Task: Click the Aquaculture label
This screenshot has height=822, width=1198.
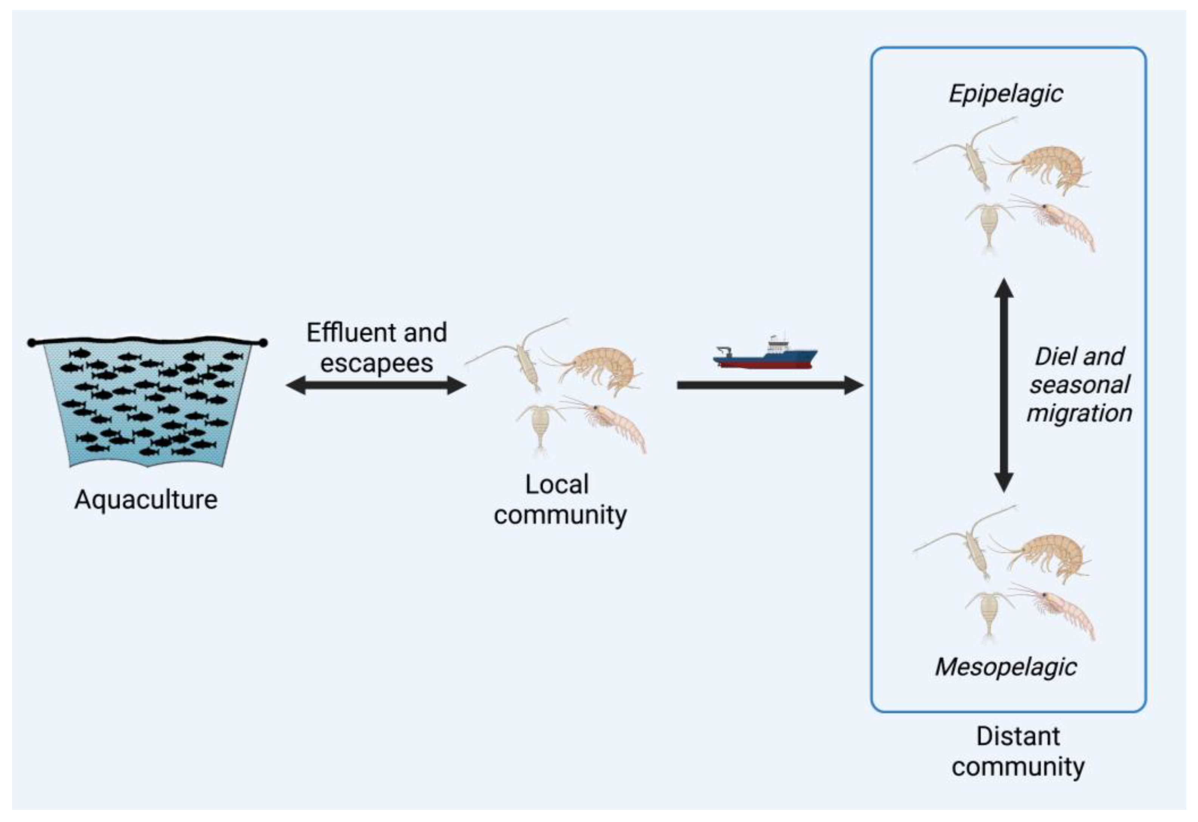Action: click(x=146, y=500)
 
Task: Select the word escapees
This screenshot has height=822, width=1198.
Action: click(x=376, y=363)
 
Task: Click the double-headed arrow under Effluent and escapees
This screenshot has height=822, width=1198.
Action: click(x=376, y=385)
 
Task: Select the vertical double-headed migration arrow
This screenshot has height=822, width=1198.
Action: click(x=1004, y=385)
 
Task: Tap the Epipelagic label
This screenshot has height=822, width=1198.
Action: click(x=1006, y=94)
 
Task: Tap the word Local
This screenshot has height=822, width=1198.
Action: click(x=557, y=485)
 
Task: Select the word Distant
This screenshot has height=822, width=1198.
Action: click(x=1018, y=736)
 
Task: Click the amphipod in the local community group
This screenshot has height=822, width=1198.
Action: click(x=603, y=369)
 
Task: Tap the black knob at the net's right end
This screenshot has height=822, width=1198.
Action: click(x=263, y=342)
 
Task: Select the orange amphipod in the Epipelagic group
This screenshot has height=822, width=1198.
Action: click(x=1051, y=167)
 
